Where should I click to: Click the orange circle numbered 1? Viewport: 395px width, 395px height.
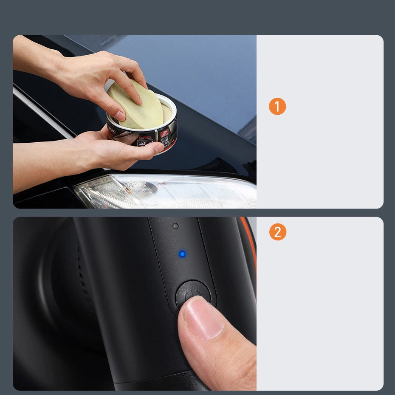pos(277,107)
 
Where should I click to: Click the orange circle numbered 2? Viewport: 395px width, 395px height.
pos(277,232)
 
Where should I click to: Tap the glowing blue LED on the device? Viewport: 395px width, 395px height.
pos(182,254)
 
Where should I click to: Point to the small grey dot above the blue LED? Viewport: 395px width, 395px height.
pos(175,226)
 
